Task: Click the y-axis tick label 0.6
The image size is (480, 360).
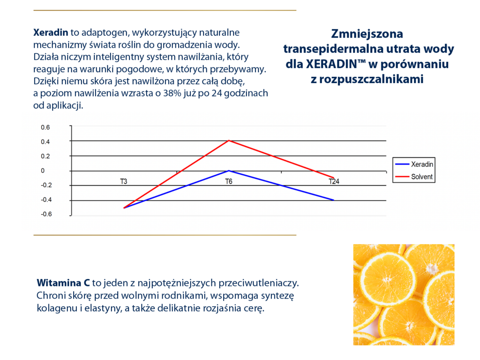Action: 45,127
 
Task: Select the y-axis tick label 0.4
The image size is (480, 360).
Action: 45,142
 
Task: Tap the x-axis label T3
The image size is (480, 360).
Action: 124,181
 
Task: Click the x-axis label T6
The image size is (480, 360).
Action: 229,181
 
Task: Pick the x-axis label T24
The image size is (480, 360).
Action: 334,181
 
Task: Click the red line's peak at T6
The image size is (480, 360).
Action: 229,140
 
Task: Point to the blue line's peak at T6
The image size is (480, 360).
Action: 229,171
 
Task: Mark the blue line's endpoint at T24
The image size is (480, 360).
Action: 334,200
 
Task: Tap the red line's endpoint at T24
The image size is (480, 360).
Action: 334,178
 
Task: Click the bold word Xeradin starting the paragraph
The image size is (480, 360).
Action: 51,33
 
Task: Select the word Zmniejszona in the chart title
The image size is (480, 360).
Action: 367,34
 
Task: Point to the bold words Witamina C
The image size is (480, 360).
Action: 63,283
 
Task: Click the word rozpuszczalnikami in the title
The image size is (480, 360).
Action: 367,79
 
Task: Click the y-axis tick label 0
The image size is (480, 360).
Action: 43,171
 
